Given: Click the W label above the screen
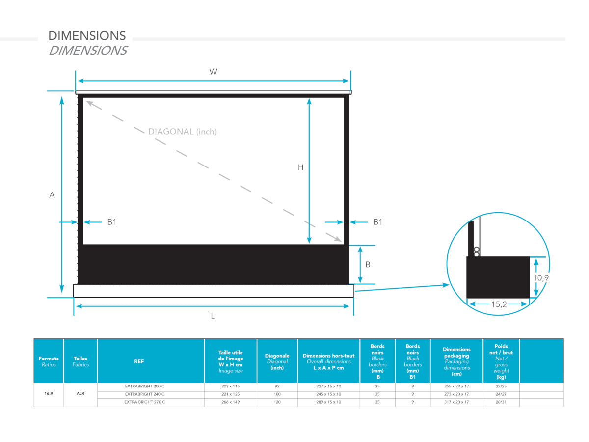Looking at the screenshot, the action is pos(213,72).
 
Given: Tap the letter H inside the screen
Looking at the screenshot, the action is pos(300,167).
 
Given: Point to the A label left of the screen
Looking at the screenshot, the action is pos(52,195).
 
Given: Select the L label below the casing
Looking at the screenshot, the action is pos(213,316).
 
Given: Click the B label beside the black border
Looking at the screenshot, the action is pos(368,265).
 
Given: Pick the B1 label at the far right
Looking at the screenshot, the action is pos(378,222).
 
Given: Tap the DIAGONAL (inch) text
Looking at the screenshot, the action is pos(183,132).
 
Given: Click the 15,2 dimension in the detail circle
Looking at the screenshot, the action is pos(499,304).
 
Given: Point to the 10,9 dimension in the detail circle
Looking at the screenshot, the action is pos(541,278).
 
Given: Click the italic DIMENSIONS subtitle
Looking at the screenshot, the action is pos(88,51).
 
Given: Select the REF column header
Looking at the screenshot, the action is pos(139,361).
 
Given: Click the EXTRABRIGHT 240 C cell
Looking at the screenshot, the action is pos(145,394).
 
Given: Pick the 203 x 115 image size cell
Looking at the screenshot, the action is pos(231,386).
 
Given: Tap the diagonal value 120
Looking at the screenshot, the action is pos(277,402).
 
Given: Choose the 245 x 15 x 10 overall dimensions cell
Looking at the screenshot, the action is pos(328,394).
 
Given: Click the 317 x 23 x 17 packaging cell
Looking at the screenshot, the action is pos(456,402).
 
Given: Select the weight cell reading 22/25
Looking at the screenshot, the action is pos(501,386).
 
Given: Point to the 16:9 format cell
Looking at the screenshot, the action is pos(49,393).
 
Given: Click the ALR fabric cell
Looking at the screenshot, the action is pos(80,393).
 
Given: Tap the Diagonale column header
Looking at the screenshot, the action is pos(277,361).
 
